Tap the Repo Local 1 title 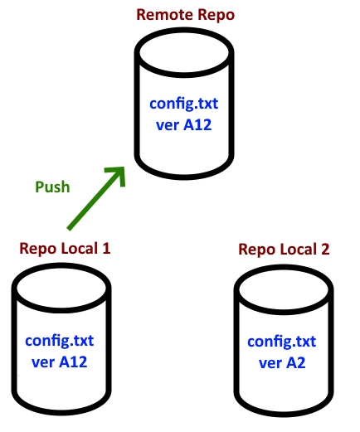tap(65, 248)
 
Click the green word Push tap(52, 187)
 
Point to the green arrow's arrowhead tap(118, 172)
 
